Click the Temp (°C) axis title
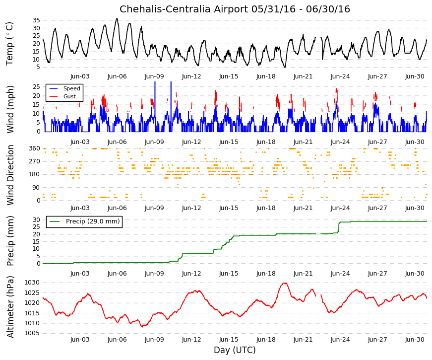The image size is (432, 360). pos(9,44)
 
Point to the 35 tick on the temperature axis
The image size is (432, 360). pos(36,20)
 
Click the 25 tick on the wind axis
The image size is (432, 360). pos(36,86)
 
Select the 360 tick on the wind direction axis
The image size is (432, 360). pos(35,148)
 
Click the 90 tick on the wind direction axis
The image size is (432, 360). pos(37,188)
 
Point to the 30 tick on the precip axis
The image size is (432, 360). pos(36,220)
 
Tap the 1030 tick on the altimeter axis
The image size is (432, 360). pos(32,283)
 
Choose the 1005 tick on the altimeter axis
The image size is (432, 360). pos(32,333)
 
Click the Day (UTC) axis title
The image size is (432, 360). pos(235,350)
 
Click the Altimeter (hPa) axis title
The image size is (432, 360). pos(10,307)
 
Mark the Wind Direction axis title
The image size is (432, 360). pos(10,175)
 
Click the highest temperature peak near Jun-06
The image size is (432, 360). pos(117,19)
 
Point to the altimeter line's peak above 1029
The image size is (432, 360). pos(285,283)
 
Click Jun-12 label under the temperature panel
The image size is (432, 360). pos(191,76)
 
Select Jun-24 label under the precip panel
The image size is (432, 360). pos(340,274)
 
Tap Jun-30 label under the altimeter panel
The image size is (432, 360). pos(415,340)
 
